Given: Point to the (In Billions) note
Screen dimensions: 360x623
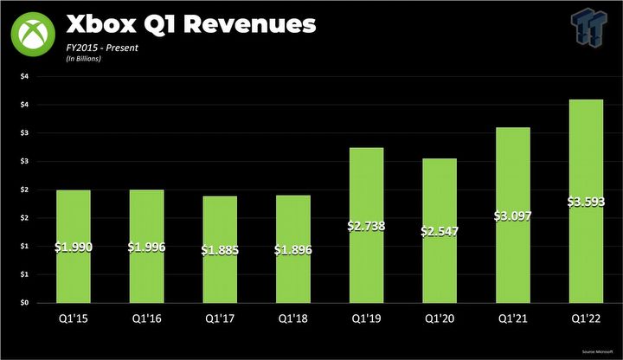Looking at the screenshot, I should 84,59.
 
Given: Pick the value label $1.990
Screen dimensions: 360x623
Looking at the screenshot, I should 74,247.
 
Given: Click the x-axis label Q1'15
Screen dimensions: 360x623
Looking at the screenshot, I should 74,319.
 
